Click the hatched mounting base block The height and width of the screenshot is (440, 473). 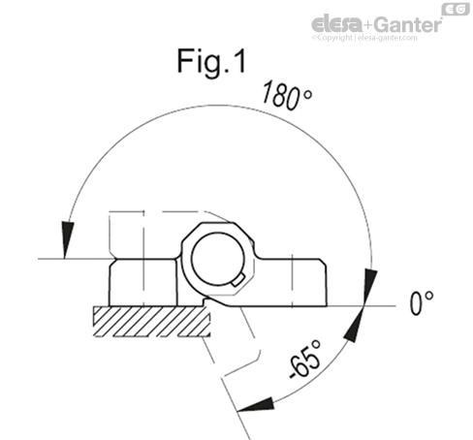[x=145, y=321]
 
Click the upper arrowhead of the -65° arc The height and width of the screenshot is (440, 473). [x=354, y=326]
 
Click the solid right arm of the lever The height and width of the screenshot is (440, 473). [x=305, y=281]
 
